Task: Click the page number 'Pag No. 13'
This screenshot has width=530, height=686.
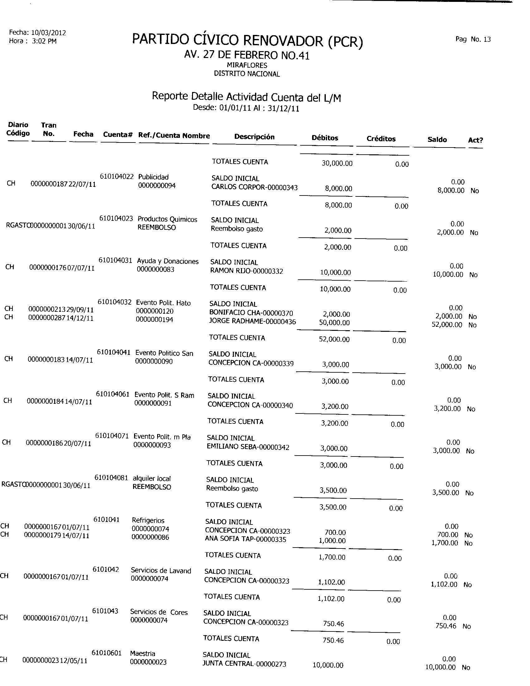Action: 473,39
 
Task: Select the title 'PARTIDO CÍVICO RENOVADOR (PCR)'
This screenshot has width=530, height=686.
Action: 248,41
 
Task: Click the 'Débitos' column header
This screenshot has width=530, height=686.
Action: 325,138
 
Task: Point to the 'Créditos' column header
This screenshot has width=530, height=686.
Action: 381,139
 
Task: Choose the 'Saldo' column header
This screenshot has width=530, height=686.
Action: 437,139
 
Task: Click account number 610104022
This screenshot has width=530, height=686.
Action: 117,176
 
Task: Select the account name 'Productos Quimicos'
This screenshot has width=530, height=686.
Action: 167,219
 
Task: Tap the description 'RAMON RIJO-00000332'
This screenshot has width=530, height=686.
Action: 247,271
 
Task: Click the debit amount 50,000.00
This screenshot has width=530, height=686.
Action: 334,323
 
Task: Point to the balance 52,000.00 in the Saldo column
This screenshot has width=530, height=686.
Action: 447,325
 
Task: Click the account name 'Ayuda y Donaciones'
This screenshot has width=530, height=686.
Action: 168,261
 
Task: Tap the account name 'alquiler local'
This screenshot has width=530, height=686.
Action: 152,479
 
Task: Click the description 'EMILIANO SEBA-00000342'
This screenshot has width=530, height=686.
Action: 248,447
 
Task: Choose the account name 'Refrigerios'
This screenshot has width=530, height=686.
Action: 148,520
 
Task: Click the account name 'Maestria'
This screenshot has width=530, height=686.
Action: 142,654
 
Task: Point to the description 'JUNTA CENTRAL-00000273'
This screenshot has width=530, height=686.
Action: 244,664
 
